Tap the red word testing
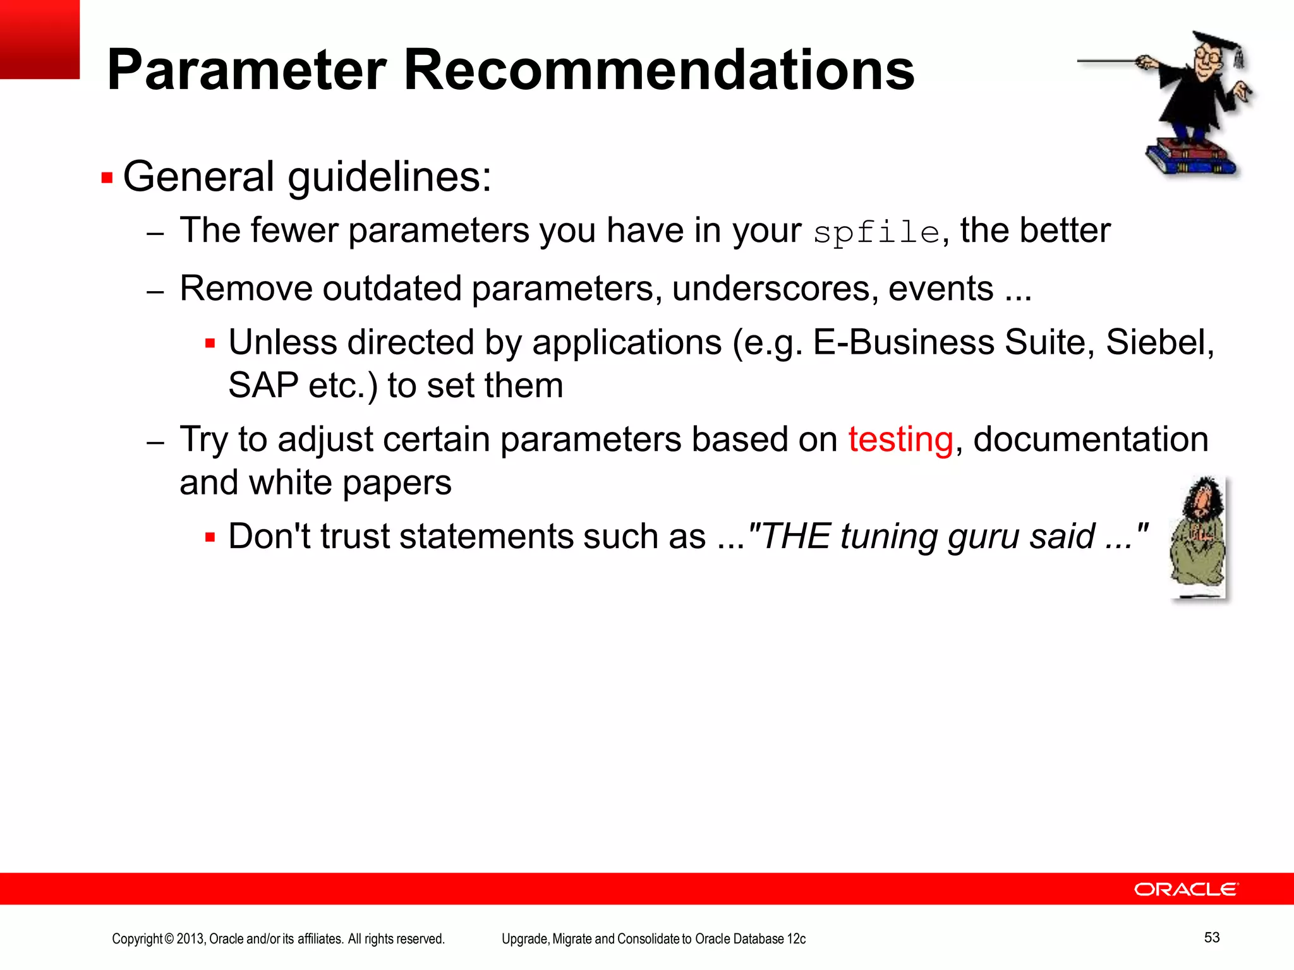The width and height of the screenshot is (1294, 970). tap(900, 440)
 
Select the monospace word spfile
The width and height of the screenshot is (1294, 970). tap(876, 232)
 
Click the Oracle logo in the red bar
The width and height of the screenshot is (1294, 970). tap(1186, 889)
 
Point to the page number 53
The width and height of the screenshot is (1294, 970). tap(1211, 937)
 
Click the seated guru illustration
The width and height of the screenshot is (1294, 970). tap(1198, 537)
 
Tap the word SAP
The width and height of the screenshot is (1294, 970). tap(263, 385)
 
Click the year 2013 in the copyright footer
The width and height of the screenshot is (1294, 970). tap(190, 939)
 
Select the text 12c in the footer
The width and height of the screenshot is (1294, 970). tap(796, 939)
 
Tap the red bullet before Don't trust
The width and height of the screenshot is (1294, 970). tap(210, 538)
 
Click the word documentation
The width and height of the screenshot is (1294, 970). tap(1091, 440)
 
